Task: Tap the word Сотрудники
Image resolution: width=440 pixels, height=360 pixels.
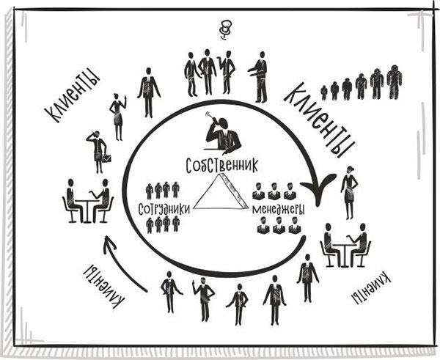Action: [164, 208]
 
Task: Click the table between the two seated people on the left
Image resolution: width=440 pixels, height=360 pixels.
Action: [87, 207]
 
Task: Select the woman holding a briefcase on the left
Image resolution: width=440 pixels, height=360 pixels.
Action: [98, 151]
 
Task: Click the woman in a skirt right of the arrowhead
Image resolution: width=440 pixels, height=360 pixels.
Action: [350, 193]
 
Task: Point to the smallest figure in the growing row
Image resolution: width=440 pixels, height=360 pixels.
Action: [323, 93]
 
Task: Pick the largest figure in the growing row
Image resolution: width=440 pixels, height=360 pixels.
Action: [395, 81]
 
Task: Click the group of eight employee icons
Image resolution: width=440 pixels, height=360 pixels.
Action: [163, 207]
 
